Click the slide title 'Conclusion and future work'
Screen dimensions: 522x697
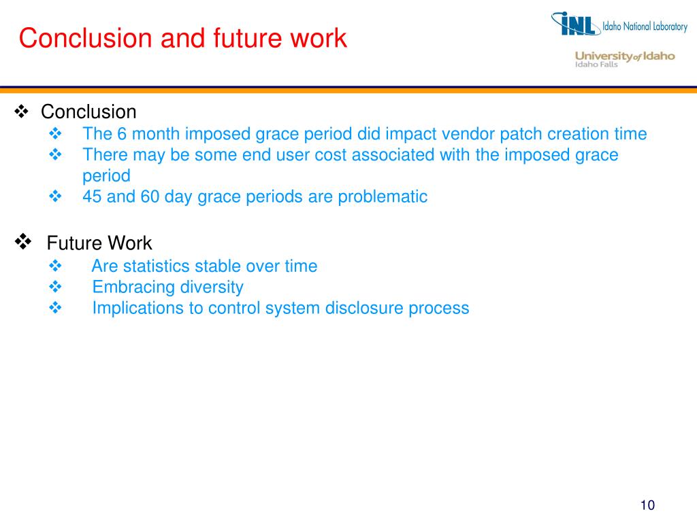[x=183, y=38]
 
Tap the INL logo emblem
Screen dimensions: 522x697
[x=576, y=24]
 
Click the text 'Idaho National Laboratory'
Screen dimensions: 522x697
[x=645, y=27]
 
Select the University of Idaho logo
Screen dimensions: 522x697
[x=625, y=59]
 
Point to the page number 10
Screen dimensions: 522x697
[x=647, y=505]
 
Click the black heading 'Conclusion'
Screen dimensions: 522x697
[x=88, y=111]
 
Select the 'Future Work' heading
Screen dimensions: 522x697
[x=99, y=243]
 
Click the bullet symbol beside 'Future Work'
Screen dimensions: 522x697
[x=24, y=241]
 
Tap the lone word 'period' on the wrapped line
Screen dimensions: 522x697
[x=106, y=176]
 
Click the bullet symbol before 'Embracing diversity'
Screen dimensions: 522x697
[x=56, y=287]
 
